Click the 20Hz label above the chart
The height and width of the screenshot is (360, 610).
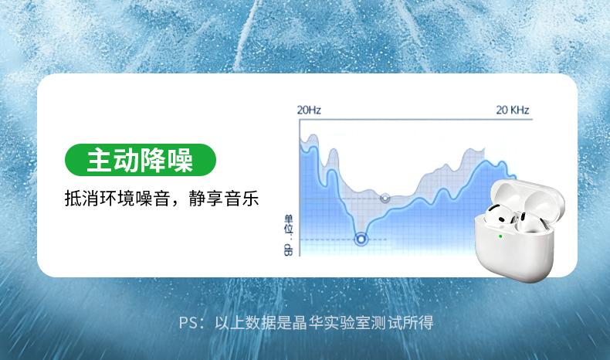tap(309, 110)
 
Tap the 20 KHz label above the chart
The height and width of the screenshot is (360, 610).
tap(513, 110)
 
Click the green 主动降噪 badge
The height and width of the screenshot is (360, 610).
tap(140, 160)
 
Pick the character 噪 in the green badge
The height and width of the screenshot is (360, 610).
tap(180, 160)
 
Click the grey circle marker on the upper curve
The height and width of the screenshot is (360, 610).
tap(385, 198)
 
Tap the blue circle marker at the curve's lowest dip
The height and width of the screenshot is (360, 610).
tap(361, 239)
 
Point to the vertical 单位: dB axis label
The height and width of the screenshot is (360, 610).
tap(288, 235)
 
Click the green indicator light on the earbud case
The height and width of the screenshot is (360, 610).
tap(500, 236)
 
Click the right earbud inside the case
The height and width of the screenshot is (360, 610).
tap(528, 223)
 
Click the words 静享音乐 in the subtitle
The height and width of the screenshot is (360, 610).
tap(224, 198)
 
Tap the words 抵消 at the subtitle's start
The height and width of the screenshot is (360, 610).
tap(82, 198)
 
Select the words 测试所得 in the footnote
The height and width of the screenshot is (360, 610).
tap(402, 323)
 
